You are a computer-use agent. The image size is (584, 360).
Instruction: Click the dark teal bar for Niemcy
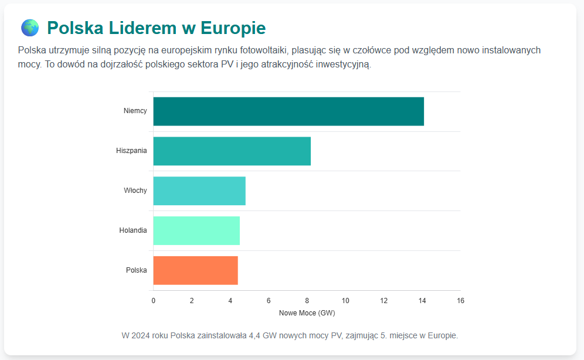288,111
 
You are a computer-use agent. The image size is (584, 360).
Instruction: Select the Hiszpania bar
232,151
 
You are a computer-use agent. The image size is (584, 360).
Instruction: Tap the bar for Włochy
199,191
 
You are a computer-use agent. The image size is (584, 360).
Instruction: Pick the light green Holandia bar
196,230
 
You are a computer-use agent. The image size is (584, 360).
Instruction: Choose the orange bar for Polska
195,270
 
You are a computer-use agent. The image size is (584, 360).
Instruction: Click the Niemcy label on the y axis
135,111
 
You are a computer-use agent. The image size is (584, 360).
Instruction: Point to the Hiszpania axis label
131,151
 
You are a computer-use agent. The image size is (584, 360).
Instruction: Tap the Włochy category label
135,191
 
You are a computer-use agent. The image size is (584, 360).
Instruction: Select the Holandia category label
133,230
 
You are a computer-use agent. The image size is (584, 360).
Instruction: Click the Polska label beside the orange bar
137,270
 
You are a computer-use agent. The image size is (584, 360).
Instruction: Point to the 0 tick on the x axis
154,301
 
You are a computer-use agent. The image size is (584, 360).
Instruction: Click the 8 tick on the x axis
307,301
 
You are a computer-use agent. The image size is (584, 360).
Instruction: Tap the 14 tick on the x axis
422,301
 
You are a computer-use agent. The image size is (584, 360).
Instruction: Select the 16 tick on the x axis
460,301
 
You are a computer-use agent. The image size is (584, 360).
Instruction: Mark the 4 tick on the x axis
230,301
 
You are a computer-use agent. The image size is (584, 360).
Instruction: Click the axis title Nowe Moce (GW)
307,313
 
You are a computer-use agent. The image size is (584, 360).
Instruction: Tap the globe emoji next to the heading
29,28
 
